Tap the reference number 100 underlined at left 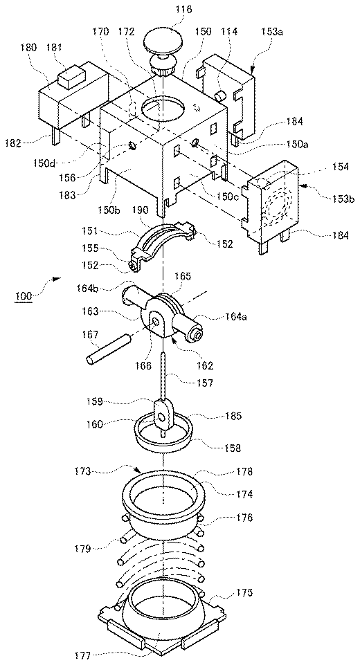point(24,295)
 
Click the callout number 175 point(244,592)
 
